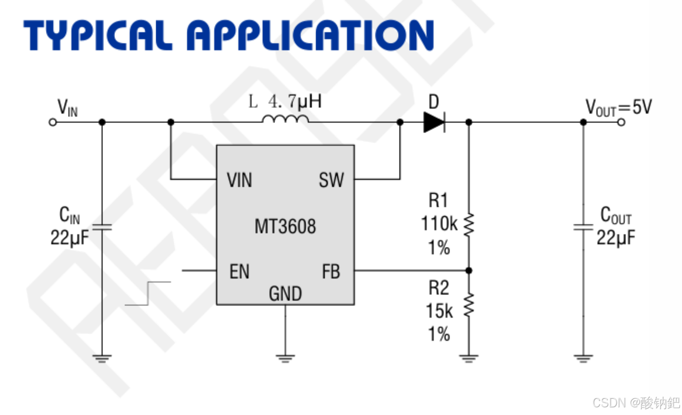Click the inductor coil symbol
[x=285, y=119]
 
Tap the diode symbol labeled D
[x=434, y=122]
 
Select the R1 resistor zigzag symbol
[x=468, y=225]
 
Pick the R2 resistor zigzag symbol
[x=468, y=305]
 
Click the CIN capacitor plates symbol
[x=102, y=226]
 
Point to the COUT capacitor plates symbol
[x=583, y=226]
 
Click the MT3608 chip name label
[x=285, y=226]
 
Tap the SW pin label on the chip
[x=331, y=180]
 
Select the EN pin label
[x=239, y=272]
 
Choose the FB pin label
[x=331, y=272]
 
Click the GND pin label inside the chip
[x=285, y=293]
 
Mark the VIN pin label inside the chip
[x=239, y=180]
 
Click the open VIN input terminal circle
[x=53, y=122]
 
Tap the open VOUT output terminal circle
[x=621, y=122]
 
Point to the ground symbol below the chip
[x=285, y=358]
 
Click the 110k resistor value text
[x=439, y=224]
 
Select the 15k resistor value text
[x=439, y=311]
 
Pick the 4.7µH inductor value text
[x=295, y=101]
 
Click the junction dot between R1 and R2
[x=469, y=270]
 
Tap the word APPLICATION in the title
[x=310, y=35]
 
